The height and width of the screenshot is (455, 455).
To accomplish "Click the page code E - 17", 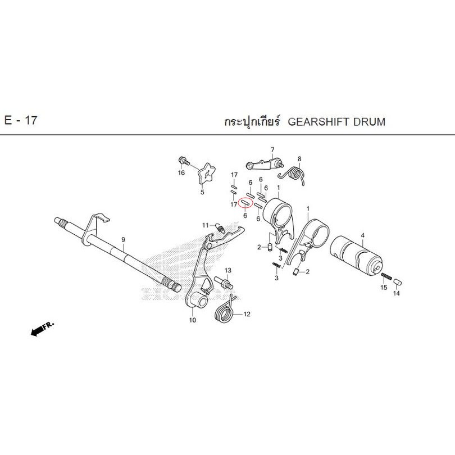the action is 21,120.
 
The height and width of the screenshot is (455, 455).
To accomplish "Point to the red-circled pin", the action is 245,202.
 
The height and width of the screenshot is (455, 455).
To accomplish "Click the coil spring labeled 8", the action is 294,174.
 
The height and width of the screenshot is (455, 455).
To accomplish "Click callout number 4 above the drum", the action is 362,235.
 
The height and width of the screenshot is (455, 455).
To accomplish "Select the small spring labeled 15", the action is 386,276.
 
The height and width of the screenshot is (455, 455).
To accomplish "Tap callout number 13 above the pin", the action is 228,270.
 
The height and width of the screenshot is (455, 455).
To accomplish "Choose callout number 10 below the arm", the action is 193,320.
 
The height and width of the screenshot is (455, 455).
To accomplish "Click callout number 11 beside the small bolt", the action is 206,225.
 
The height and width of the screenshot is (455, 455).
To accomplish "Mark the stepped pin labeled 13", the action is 224,283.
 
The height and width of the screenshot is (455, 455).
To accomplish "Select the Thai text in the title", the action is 252,122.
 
